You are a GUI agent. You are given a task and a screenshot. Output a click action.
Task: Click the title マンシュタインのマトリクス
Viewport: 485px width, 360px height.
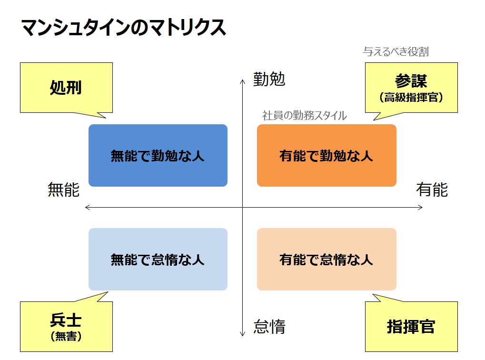tap(124, 28)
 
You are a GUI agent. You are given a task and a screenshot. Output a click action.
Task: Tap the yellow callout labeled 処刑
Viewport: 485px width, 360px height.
tap(66, 88)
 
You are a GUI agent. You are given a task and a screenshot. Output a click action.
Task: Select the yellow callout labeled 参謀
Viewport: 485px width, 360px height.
tap(411, 88)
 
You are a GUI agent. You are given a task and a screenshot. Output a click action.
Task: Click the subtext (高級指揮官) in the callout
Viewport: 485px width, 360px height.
tap(411, 98)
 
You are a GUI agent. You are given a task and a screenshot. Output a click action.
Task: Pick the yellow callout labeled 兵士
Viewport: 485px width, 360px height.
tap(66, 327)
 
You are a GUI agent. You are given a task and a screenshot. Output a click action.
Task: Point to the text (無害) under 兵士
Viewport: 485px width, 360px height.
tap(66, 336)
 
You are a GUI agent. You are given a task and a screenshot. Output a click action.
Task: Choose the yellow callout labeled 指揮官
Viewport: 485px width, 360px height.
tap(411, 327)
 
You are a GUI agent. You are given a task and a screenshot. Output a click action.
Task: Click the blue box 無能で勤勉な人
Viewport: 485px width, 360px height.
tap(158, 155)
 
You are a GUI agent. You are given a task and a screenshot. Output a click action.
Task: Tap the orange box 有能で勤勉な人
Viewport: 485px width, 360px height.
tap(327, 155)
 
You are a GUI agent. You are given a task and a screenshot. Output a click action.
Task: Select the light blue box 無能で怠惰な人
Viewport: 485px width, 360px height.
tap(158, 260)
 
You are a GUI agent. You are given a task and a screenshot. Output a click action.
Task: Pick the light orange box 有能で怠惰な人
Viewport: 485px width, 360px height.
tap(327, 260)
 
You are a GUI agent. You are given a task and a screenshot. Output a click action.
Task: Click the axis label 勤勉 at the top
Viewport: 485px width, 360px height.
tap(269, 79)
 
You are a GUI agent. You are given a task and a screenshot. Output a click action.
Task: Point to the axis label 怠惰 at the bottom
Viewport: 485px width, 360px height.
tap(269, 327)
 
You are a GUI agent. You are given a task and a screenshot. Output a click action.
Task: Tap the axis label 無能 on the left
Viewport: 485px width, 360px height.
tap(64, 190)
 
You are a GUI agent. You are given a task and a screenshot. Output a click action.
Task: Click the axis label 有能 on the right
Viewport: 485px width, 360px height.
tap(432, 190)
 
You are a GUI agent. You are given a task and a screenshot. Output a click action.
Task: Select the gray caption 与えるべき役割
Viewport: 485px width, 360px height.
tap(396, 52)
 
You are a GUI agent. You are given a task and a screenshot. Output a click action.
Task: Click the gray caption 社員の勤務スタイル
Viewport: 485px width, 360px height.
tap(304, 115)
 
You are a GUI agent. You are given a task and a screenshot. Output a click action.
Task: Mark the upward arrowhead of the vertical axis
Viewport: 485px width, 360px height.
tap(243, 80)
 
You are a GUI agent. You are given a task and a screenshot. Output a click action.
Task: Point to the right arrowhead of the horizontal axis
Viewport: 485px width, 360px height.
tap(422, 208)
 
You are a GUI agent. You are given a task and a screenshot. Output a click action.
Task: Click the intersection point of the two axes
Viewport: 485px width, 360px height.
tap(243, 208)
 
